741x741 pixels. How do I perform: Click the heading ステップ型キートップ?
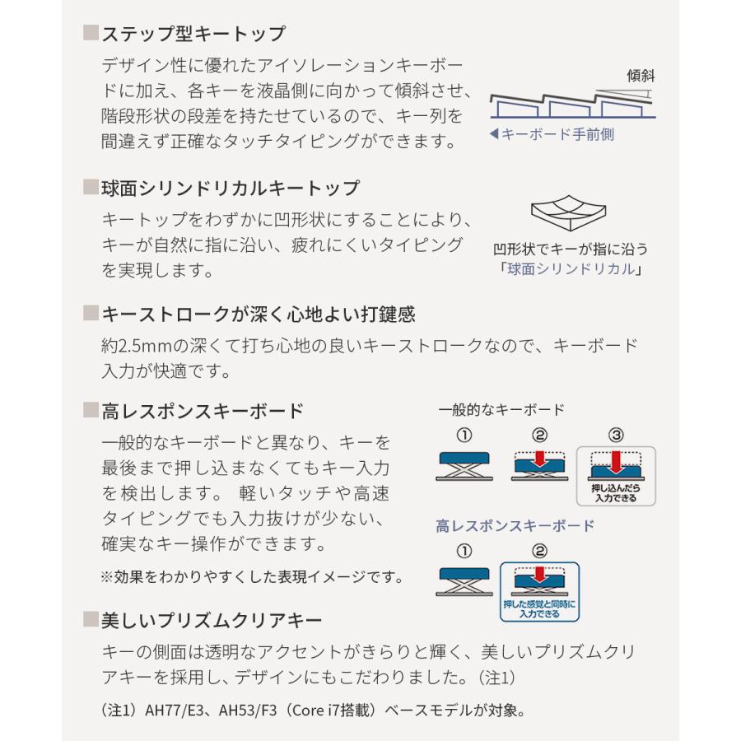point(193,35)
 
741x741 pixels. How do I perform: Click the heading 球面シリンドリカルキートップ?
point(231,189)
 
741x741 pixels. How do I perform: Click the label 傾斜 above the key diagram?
point(641,76)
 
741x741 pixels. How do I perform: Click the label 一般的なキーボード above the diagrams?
point(501,409)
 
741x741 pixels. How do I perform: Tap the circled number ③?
point(615,435)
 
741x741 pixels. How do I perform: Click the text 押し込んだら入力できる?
point(615,493)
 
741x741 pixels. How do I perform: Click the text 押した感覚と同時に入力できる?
point(539,609)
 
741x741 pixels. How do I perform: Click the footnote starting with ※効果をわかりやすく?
point(252,576)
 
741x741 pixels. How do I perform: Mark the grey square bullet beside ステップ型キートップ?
point(91,35)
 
